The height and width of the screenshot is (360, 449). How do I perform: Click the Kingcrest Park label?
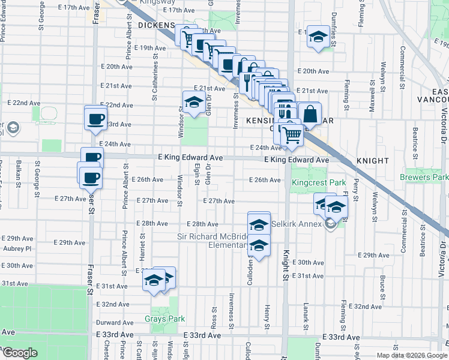pyautogui.click(x=311, y=182)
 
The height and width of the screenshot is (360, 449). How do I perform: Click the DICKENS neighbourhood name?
pyautogui.click(x=156, y=26)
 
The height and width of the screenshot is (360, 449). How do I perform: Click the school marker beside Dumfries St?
pyautogui.click(x=318, y=37)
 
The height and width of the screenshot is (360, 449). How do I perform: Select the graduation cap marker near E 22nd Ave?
pyautogui.click(x=193, y=103)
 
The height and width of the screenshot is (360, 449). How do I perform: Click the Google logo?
pyautogui.click(x=20, y=353)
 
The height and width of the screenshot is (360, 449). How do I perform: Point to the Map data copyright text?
pyautogui.click(x=412, y=355)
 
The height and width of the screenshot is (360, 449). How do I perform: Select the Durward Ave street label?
pyautogui.click(x=114, y=323)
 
